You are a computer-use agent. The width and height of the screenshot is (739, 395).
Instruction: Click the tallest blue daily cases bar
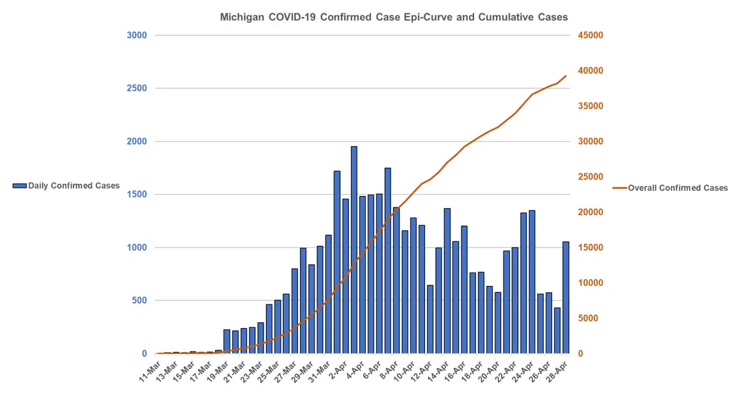(354, 250)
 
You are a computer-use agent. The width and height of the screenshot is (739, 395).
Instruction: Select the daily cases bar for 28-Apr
(565, 297)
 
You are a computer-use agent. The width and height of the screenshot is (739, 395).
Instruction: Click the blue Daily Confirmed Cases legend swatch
(20, 186)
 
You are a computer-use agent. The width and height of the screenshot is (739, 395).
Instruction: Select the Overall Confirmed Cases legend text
(678, 188)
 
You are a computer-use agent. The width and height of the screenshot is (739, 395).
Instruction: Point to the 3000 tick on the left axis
(137, 35)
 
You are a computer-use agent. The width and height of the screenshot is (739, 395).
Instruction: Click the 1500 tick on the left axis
(137, 194)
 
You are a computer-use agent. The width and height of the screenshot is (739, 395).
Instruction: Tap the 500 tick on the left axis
(139, 300)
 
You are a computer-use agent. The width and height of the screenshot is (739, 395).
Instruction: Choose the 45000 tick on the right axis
(590, 35)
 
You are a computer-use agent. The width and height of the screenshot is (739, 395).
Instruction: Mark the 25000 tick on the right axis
(590, 177)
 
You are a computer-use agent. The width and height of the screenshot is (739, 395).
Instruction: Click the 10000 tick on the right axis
(590, 283)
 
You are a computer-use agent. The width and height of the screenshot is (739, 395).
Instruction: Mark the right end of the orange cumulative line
(565, 76)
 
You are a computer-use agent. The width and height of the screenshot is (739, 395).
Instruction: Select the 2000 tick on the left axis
(137, 141)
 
